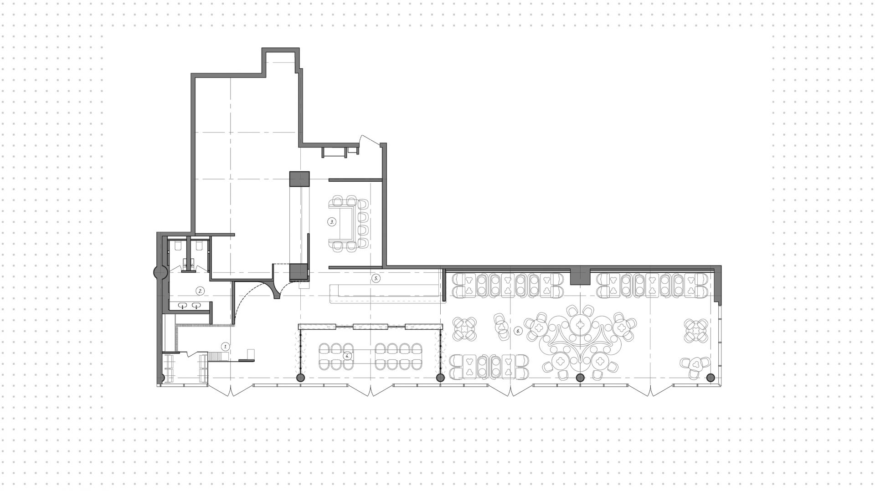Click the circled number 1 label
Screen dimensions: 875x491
(x=225, y=346)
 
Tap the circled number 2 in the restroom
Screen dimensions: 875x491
(x=199, y=290)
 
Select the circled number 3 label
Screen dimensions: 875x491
(x=331, y=222)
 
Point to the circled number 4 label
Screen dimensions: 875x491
(x=348, y=355)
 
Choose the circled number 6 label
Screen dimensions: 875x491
(x=518, y=331)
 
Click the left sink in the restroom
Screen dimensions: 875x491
(x=183, y=305)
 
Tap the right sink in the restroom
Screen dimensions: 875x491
(x=197, y=305)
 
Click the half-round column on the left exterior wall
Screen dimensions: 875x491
(x=159, y=272)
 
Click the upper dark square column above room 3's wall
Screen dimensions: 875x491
(x=299, y=179)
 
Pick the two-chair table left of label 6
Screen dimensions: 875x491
(x=502, y=326)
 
